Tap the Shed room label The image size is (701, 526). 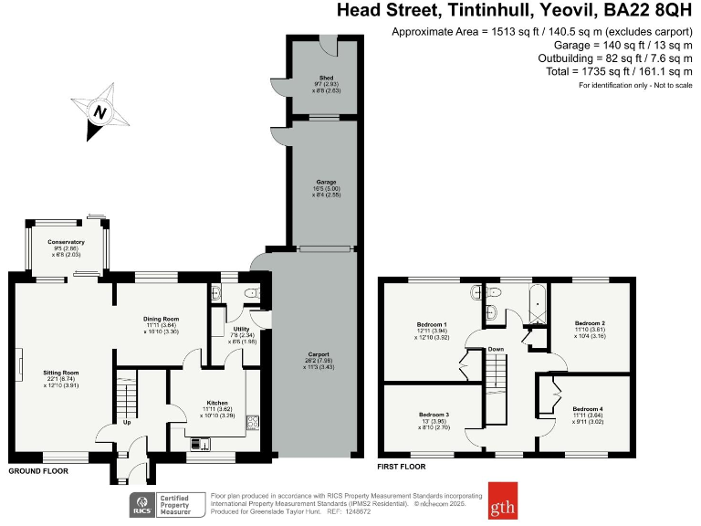tap(326, 78)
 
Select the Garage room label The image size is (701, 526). tap(323, 183)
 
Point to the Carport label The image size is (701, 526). tap(319, 354)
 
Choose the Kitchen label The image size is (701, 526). tap(216, 403)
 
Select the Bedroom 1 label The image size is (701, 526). tap(432, 324)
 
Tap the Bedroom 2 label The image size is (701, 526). tap(590, 323)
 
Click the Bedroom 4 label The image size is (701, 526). tap(588, 408)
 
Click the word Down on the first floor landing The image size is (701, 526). tap(496, 349)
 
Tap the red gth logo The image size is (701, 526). tap(502, 500)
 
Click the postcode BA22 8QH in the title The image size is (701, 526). tap(643, 11)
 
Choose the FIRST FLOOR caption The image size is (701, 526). tap(402, 467)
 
